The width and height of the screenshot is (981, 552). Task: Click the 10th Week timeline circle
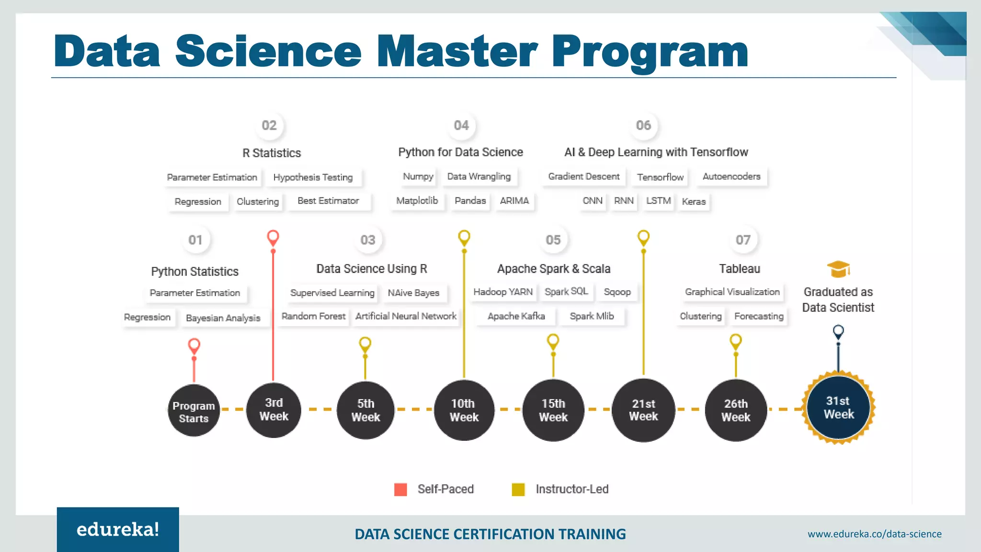coord(463,410)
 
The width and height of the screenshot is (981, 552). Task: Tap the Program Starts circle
coord(194,411)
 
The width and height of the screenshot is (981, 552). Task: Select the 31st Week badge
coord(838,408)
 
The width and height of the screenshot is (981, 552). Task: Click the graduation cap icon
coord(838,269)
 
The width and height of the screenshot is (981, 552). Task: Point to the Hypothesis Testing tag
coord(313,177)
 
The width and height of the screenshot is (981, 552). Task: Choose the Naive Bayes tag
coord(413,293)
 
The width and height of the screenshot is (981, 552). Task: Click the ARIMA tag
coord(514,201)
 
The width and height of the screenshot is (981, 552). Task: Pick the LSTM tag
coord(658,201)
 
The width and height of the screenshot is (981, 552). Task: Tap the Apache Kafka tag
coord(516,316)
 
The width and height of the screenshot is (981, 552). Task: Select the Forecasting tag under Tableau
coord(759,316)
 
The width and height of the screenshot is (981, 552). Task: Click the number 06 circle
coord(643,126)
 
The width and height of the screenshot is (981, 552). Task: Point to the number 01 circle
coord(195,240)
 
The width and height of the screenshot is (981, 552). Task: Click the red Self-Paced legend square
coord(400,489)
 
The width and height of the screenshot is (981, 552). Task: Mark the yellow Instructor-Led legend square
coord(518,489)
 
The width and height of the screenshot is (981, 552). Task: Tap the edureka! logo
coord(118,529)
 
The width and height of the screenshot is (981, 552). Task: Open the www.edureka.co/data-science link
coord(874,534)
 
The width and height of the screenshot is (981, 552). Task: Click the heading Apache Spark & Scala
coord(554,269)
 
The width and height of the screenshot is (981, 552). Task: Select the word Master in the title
coord(457,52)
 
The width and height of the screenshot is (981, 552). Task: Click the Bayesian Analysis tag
coord(223,318)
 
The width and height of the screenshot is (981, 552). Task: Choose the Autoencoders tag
coord(731,177)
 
